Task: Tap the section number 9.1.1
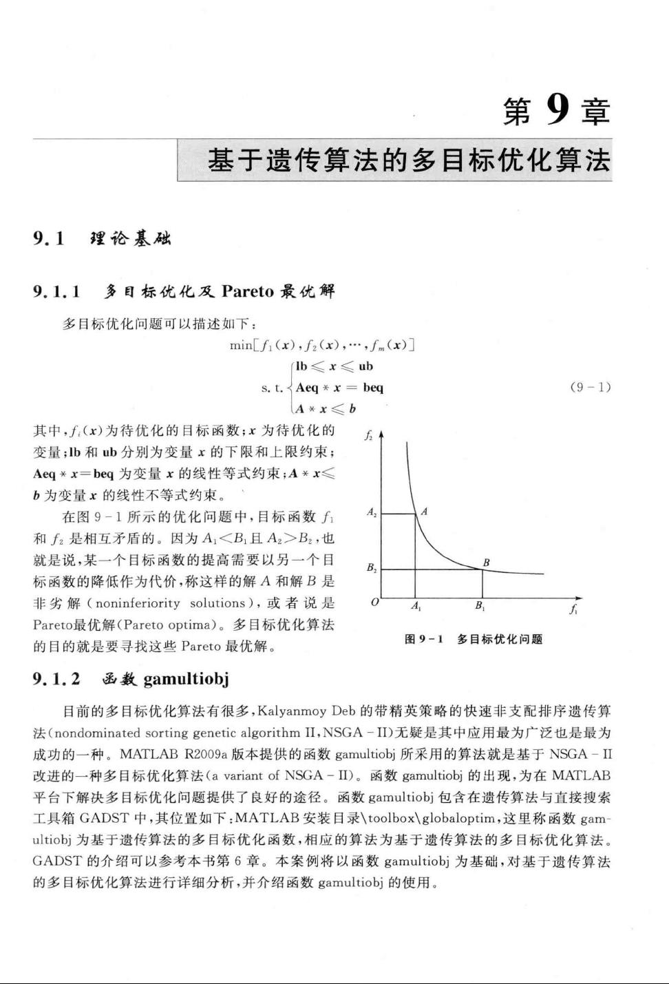point(57,291)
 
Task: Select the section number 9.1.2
point(57,679)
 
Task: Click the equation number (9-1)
point(591,387)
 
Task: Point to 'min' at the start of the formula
point(240,345)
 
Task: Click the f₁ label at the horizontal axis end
point(573,609)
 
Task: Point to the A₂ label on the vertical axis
point(372,512)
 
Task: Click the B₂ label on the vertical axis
point(372,568)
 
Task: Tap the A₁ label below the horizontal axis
point(416,606)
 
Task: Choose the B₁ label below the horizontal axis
point(480,606)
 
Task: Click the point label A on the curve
point(424,511)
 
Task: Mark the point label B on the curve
point(486,562)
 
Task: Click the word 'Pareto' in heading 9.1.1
point(248,291)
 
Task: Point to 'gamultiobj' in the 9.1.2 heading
point(186,679)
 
